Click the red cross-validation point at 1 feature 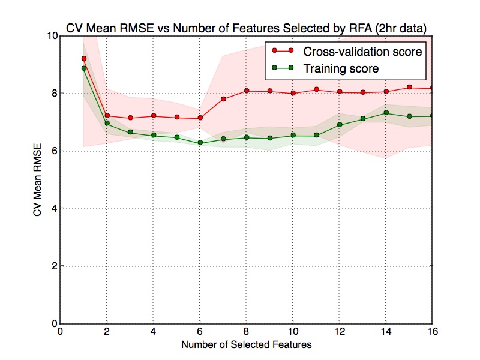click(84, 58)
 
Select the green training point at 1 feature click(84, 68)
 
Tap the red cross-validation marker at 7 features click(223, 99)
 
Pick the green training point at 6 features click(200, 143)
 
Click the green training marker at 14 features click(386, 113)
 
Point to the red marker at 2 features click(107, 116)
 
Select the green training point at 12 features click(340, 125)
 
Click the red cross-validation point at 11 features click(317, 89)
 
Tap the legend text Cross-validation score click(362, 52)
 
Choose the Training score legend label click(341, 68)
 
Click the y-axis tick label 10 click(52, 36)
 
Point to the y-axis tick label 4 click(55, 208)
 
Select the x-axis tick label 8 click(247, 331)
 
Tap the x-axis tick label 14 click(386, 331)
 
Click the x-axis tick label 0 click(61, 331)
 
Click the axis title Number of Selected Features click(247, 344)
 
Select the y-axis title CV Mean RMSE click(37, 180)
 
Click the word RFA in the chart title click(361, 28)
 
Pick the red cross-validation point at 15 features click(410, 87)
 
